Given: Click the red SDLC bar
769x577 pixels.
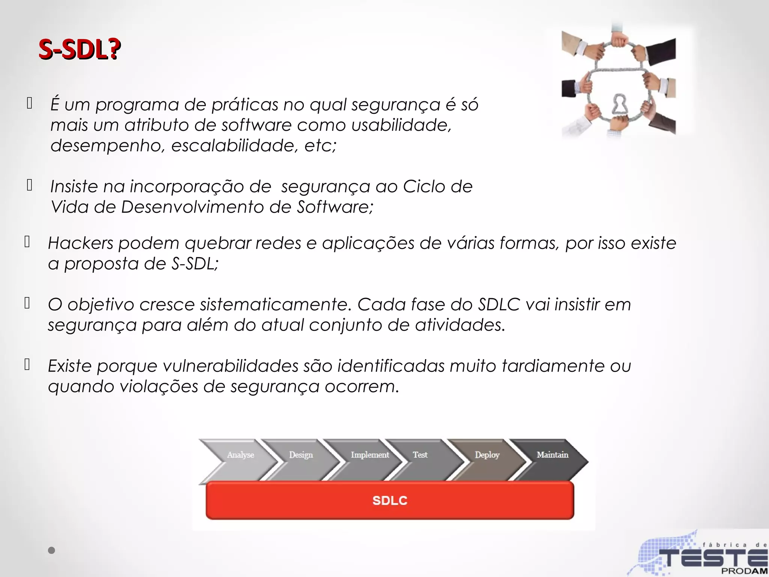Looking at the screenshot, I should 390,500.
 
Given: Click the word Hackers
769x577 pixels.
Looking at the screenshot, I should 81,243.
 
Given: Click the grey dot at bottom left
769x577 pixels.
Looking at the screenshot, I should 51,551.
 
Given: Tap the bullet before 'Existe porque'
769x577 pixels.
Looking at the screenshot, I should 27,364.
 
